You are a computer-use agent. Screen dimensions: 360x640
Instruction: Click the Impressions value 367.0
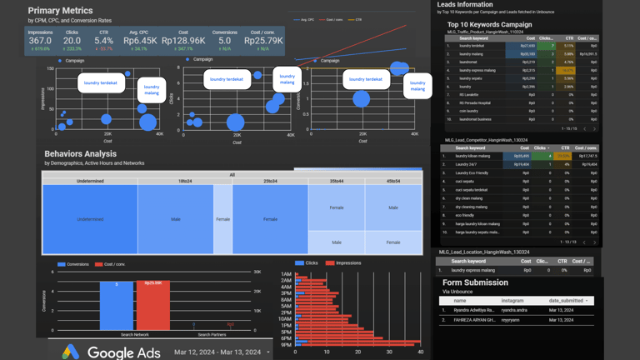point(40,40)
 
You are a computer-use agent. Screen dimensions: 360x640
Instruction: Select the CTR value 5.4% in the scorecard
point(104,40)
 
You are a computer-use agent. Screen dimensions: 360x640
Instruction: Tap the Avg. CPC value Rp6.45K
point(139,40)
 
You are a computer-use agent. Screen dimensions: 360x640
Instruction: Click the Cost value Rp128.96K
point(183,40)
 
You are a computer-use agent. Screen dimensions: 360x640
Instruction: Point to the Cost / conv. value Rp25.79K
point(262,40)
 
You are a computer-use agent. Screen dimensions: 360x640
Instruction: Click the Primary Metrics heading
point(60,11)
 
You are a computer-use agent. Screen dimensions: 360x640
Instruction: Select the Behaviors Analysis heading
point(80,154)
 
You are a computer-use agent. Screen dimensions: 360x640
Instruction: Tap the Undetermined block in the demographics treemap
point(90,219)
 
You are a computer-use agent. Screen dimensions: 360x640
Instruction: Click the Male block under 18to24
point(176,219)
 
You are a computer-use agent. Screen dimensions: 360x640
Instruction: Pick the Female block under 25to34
point(270,219)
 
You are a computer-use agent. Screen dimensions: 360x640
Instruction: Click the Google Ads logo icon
point(71,352)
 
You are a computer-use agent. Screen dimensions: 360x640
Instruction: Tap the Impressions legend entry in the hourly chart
point(343,263)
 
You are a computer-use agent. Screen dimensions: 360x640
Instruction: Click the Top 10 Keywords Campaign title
point(489,25)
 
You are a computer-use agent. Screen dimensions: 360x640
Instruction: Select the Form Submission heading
point(474,282)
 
